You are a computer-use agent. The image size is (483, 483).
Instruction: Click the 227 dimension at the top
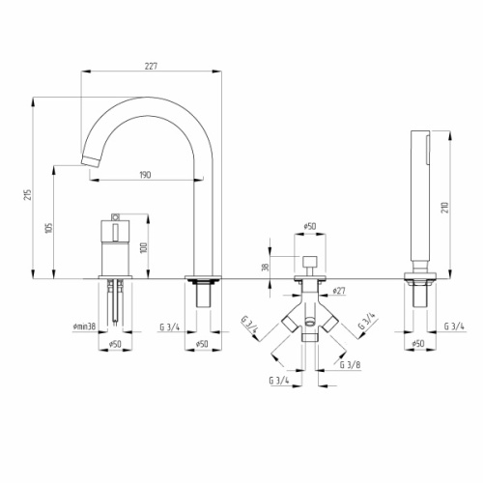pyautogui.click(x=151, y=67)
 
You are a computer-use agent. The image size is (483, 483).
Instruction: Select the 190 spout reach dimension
pyautogui.click(x=145, y=175)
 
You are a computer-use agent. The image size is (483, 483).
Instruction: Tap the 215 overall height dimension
pyautogui.click(x=29, y=195)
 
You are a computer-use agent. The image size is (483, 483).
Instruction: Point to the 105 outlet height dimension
pyautogui.click(x=49, y=228)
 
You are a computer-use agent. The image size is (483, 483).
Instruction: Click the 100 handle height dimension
pyautogui.click(x=144, y=247)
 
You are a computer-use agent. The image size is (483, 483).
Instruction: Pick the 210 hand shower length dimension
pyautogui.click(x=445, y=208)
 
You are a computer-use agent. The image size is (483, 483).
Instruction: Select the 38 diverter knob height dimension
pyautogui.click(x=266, y=268)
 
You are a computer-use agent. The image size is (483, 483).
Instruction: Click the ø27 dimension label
pyautogui.click(x=338, y=291)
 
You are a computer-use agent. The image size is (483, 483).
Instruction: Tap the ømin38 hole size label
pyautogui.click(x=84, y=327)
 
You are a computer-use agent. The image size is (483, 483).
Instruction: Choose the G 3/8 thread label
pyautogui.click(x=350, y=365)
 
